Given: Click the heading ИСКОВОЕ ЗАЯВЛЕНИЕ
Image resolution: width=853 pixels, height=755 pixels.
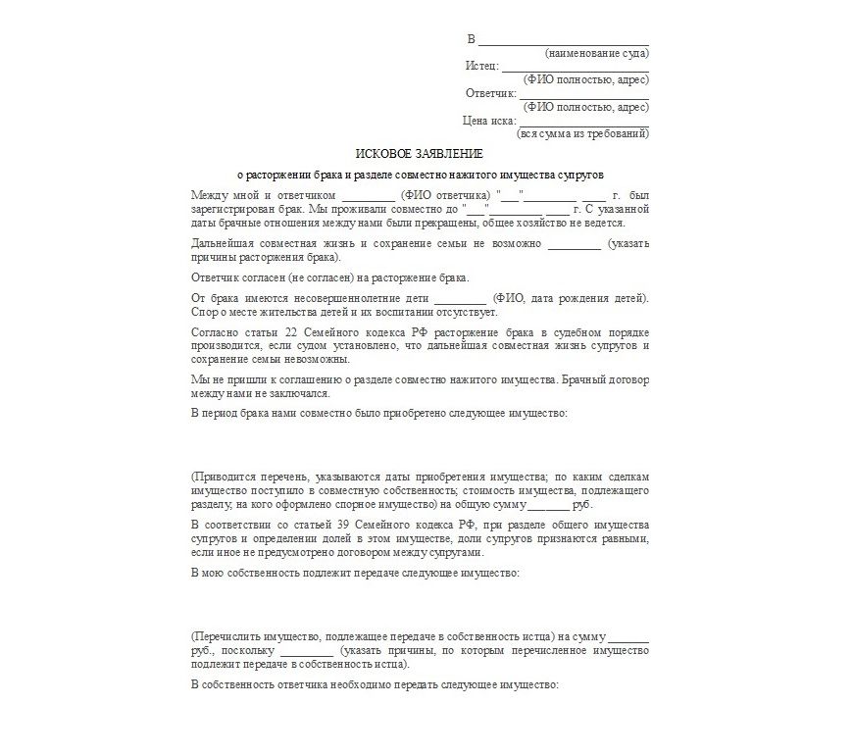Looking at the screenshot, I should click(419, 154).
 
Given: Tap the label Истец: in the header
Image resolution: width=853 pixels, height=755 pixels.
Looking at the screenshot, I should click(482, 67).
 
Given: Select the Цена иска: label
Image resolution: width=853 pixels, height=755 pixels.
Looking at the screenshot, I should click(488, 122).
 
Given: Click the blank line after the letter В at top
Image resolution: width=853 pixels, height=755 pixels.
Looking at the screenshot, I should click(563, 39).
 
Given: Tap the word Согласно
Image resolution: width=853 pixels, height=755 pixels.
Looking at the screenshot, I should click(213, 332).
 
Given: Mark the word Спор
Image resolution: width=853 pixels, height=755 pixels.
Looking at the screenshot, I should click(205, 312).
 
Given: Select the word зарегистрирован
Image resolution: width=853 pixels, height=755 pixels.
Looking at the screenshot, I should click(229, 210).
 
